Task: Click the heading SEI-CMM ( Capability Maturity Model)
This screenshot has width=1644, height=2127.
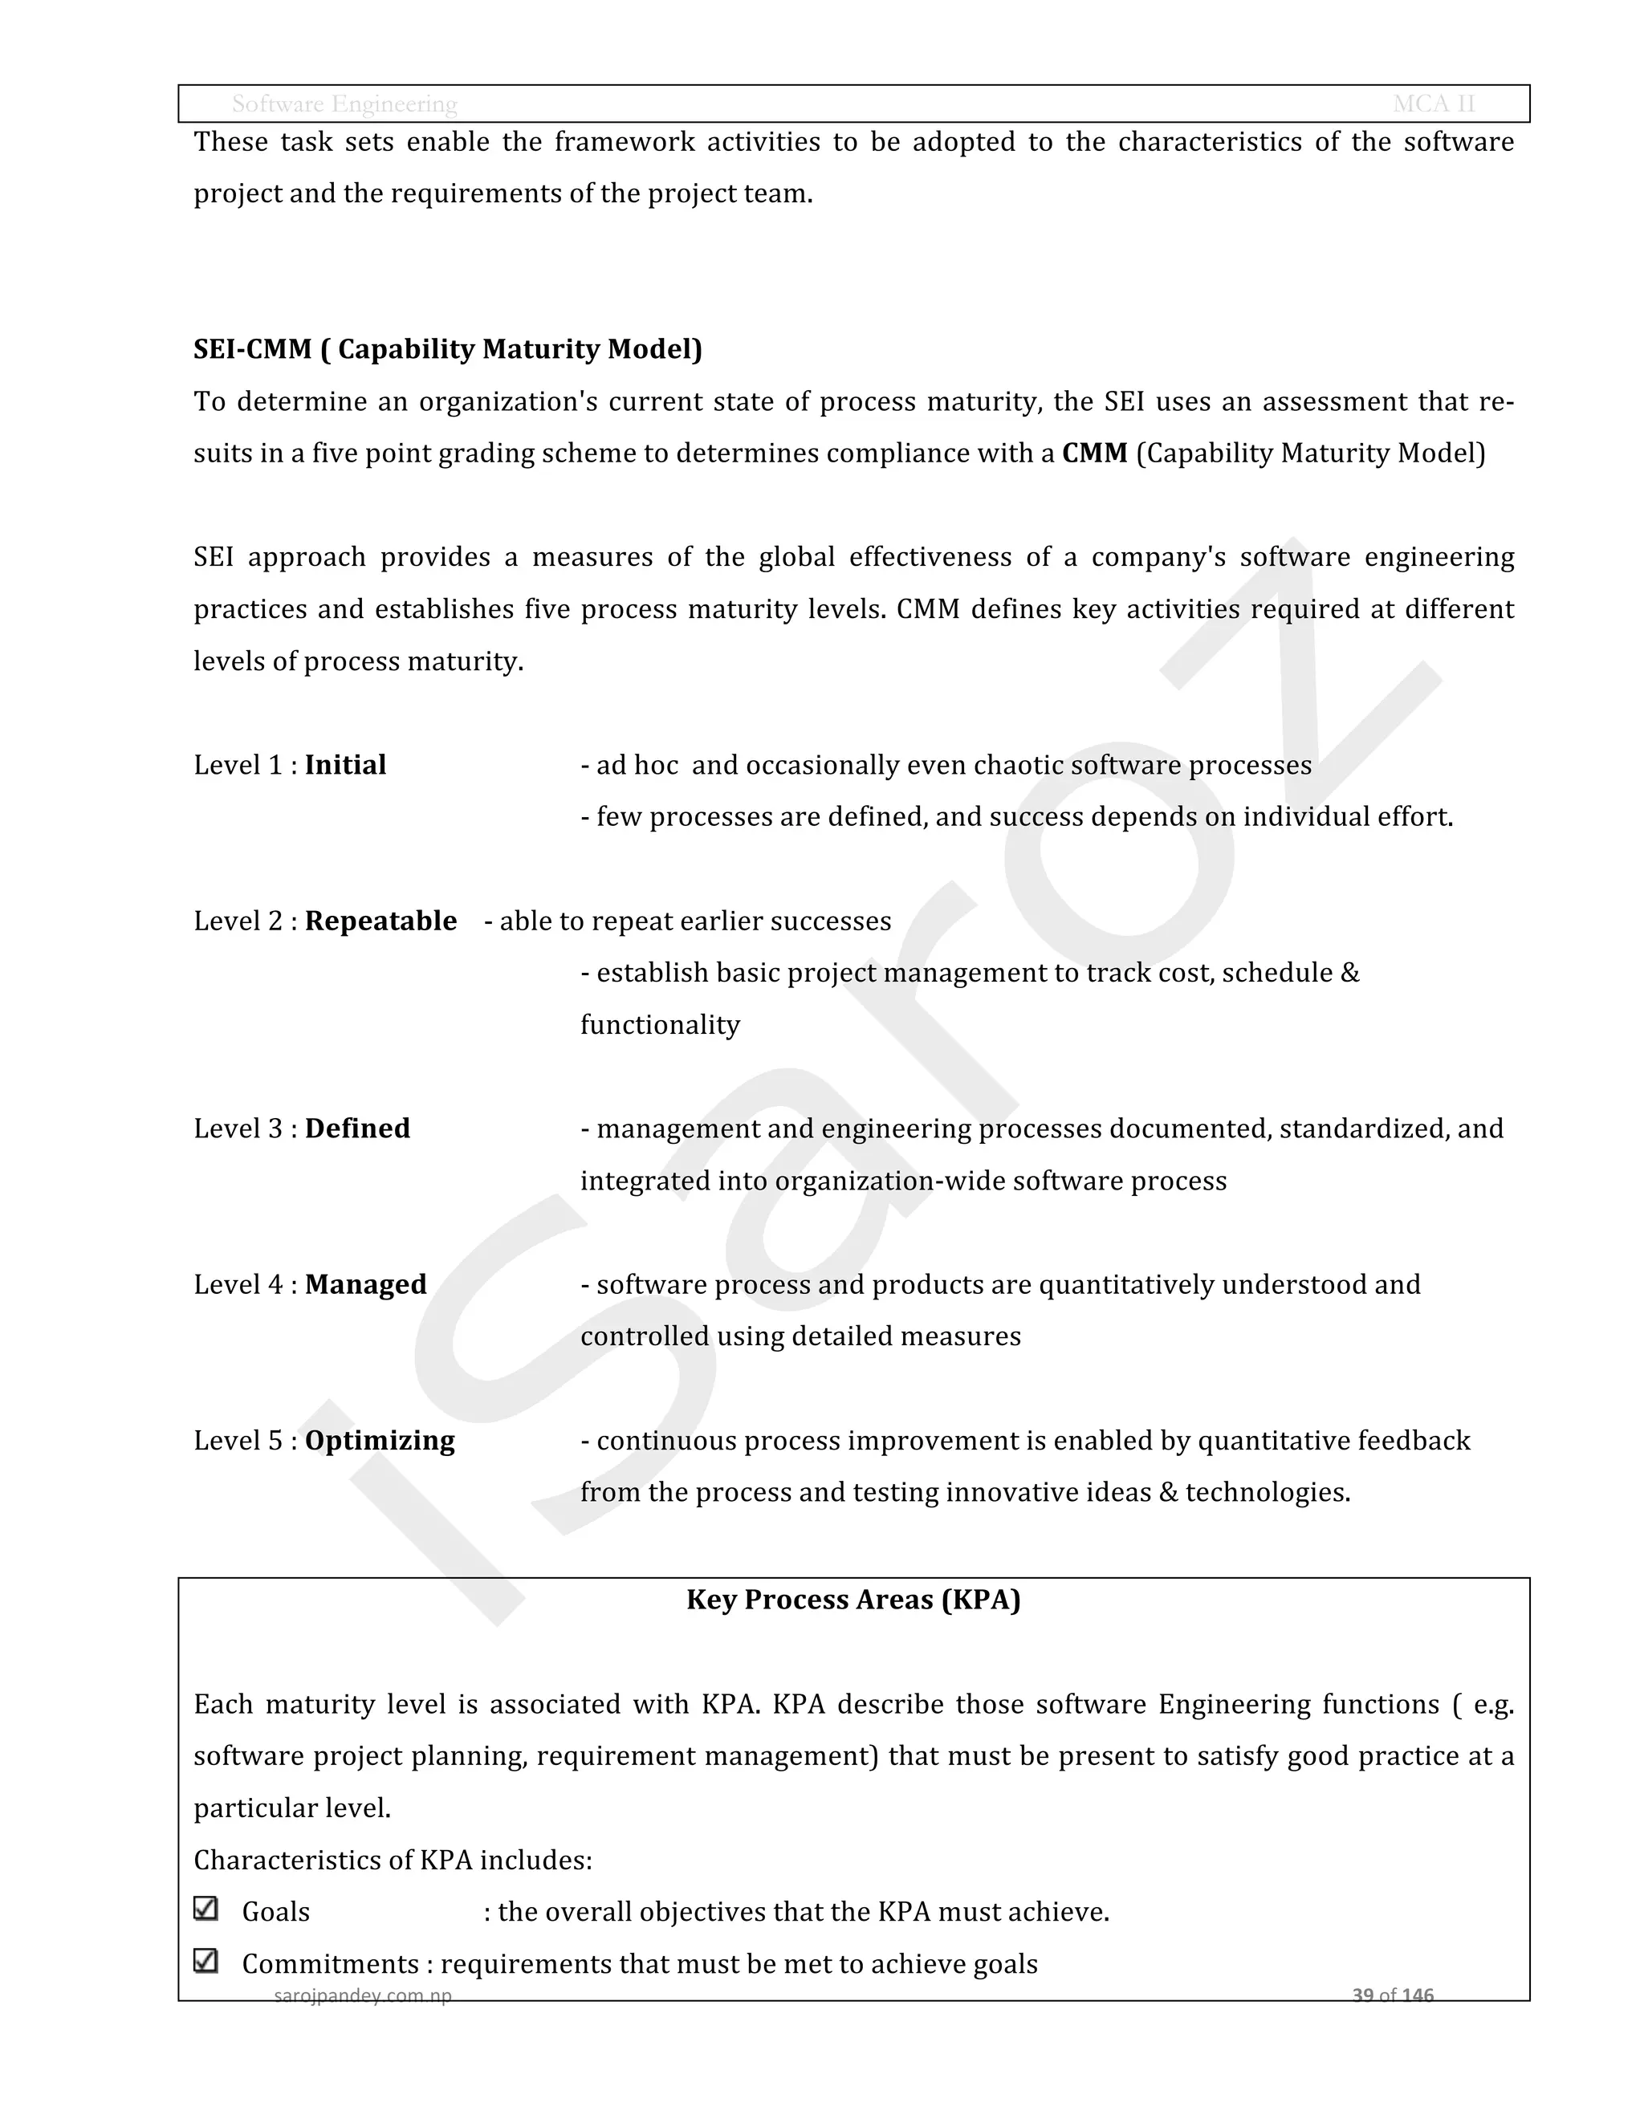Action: (x=447, y=348)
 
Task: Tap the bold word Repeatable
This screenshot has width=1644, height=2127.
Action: (x=380, y=921)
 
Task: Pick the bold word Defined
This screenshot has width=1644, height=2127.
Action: (x=357, y=1128)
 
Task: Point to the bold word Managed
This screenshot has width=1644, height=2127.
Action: (x=365, y=1283)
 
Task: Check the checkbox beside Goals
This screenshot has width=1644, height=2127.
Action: (x=205, y=1908)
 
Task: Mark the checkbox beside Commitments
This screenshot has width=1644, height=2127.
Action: (x=205, y=1959)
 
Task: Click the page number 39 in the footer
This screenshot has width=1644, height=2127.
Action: (x=1362, y=1995)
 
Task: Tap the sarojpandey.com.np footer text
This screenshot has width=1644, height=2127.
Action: (x=362, y=1995)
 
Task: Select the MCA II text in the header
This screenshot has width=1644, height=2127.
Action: (x=1433, y=104)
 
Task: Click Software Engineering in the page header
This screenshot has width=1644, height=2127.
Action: (x=344, y=104)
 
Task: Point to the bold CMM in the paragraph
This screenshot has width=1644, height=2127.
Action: (x=1094, y=453)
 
